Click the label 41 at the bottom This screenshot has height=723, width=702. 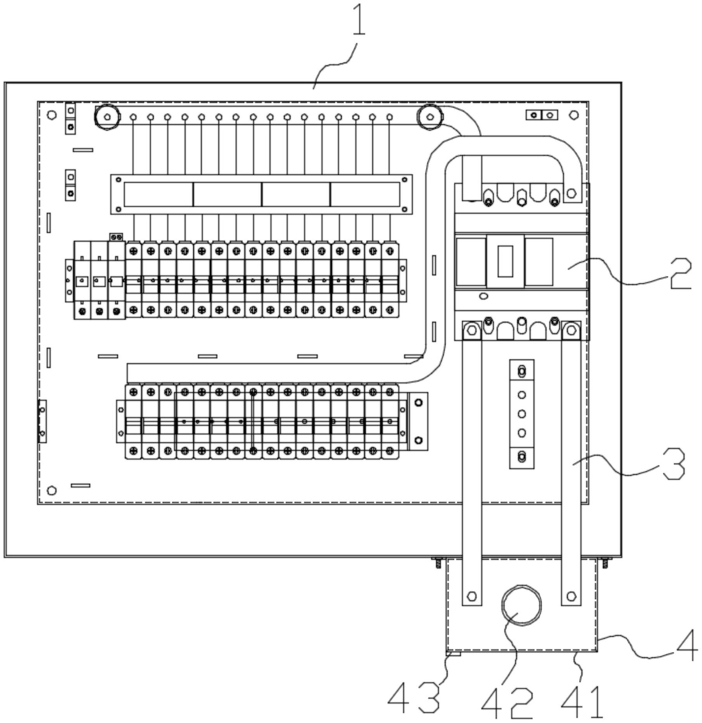(x=582, y=702)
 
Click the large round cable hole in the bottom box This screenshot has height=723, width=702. (x=521, y=605)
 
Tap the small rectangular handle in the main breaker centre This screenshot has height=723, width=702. (x=505, y=261)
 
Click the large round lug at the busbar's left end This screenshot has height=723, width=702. (x=107, y=116)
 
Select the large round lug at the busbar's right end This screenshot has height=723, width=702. (x=429, y=116)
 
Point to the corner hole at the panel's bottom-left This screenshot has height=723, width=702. (x=52, y=491)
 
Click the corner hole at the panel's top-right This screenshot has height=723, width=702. (x=574, y=115)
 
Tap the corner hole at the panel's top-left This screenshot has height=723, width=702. (x=52, y=115)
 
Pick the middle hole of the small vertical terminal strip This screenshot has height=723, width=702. (x=522, y=414)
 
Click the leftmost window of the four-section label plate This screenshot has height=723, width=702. (x=158, y=195)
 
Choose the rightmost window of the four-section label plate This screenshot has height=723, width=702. (x=365, y=195)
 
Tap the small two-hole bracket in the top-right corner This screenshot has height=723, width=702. (x=542, y=115)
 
